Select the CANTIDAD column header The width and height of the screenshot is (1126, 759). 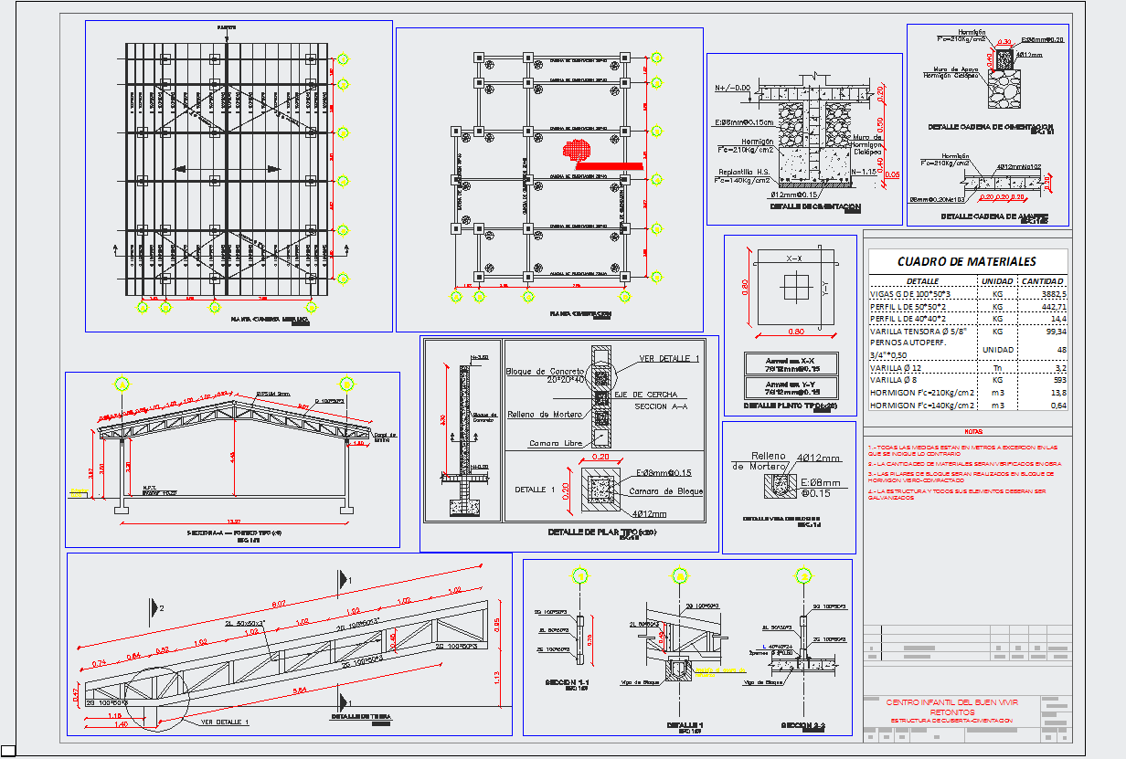point(1042,281)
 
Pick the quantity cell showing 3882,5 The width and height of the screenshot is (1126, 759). point(1053,294)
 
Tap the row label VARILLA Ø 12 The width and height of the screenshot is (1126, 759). point(896,367)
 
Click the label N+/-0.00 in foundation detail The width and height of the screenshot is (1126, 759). point(732,89)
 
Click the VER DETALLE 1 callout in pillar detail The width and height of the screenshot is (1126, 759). point(669,358)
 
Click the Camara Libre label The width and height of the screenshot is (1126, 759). point(557,443)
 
